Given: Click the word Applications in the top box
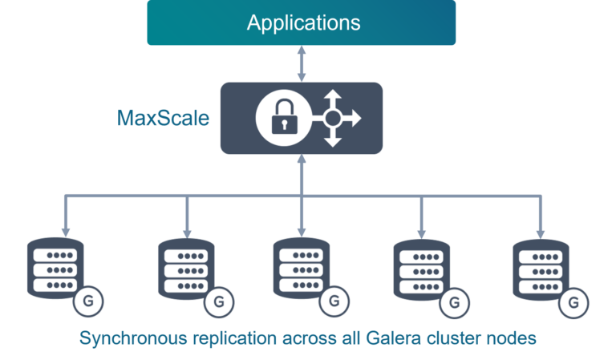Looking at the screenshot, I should point(303,22).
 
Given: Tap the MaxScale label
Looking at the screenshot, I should point(164,119).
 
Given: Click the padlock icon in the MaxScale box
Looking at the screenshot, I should point(280,119).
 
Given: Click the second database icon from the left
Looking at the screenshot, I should point(186,267).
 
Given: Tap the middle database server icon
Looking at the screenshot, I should point(301,267).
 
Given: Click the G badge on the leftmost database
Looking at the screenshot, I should point(87,302).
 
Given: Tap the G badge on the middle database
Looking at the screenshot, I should point(332,302).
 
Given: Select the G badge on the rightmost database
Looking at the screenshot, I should point(573,303).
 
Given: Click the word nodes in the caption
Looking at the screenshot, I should point(513,338).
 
